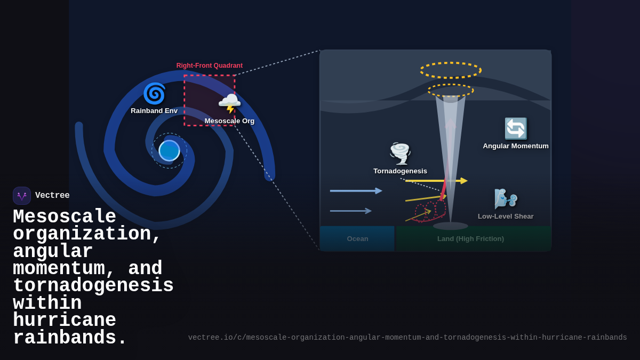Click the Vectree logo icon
pos(22,196)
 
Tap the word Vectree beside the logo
pos(52,196)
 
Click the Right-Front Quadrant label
pos(209,66)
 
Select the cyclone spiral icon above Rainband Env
pos(154,94)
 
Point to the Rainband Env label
pos(154,111)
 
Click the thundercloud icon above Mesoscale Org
pos(229,103)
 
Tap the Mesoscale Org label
pos(229,121)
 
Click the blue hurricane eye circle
pos(169,150)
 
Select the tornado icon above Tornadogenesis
pos(400,154)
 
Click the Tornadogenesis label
pos(400,171)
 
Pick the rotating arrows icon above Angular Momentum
pos(516,129)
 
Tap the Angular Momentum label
pos(516,146)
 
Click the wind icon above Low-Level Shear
pos(506,199)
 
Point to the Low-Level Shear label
pos(506,217)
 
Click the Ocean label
pos(357,239)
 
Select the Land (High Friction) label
pos(470,239)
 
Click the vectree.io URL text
pos(407,338)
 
